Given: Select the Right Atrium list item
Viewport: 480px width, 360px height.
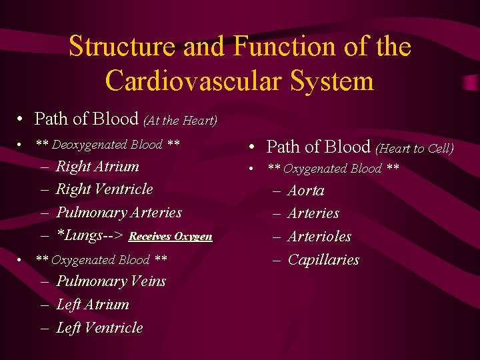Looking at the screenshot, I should pos(97,167).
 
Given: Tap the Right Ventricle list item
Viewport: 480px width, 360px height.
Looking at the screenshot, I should pos(104,189).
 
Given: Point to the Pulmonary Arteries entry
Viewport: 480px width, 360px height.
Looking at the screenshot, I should pos(119,213).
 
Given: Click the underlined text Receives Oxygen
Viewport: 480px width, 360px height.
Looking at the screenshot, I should pos(170,237).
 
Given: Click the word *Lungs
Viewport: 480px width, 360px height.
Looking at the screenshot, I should pos(78,235).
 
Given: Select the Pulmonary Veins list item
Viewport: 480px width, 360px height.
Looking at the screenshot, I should pos(111,281).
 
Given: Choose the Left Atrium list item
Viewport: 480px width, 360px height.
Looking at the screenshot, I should pos(93,305).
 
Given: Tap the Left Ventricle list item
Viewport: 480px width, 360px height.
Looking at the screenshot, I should pos(99,328).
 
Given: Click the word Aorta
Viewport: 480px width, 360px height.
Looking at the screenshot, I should pos(305,191).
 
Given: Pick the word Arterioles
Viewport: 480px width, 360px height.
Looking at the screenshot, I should pos(319,237).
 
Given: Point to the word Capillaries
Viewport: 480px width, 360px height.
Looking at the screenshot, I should pos(323,260).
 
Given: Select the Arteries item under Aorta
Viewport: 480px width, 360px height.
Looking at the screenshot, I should pos(313,214).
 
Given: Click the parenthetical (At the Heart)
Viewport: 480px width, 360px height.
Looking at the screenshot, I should pos(180,121).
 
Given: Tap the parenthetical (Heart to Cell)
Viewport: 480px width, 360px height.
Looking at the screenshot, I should pos(414,149).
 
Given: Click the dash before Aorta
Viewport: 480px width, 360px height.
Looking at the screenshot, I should pos(277,191).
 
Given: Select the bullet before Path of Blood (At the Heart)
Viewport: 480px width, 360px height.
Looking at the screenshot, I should pos(22,120).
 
